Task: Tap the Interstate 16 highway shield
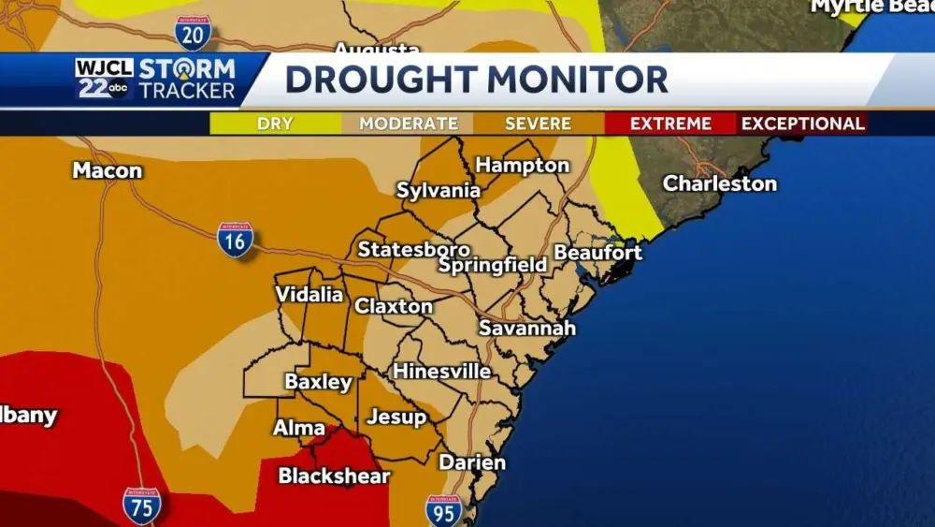[236, 240]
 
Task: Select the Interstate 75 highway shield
[141, 505]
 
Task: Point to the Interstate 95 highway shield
[444, 510]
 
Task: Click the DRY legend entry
[275, 124]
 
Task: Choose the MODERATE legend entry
[409, 124]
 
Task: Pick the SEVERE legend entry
[538, 124]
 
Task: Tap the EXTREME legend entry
[670, 124]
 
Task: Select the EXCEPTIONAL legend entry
[803, 124]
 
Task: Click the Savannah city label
[527, 329]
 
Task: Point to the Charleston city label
[720, 183]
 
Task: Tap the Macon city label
[108, 171]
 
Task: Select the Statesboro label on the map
[414, 250]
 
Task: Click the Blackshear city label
[334, 476]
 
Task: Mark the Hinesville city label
[441, 372]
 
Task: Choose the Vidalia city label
[309, 295]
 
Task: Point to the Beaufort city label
[598, 253]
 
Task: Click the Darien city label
[472, 462]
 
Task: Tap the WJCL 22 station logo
[104, 79]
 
